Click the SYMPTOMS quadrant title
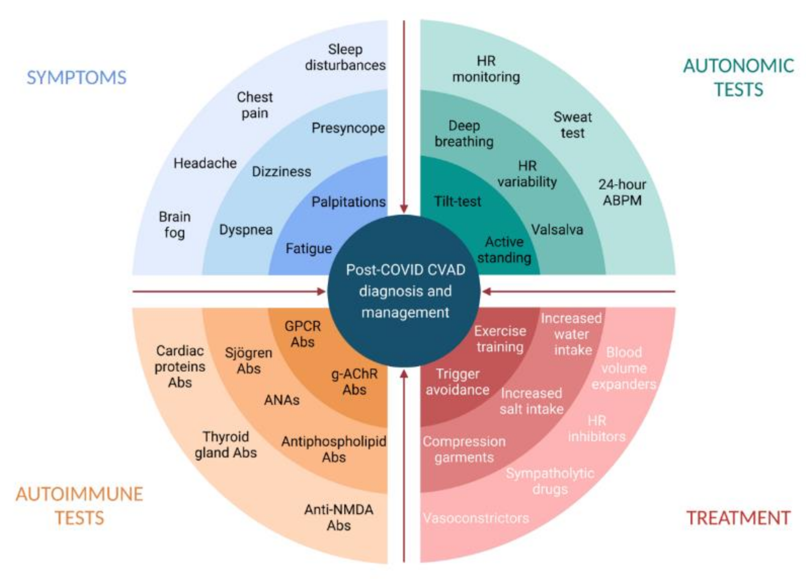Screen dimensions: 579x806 point(77,78)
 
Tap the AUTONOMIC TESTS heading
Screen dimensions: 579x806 point(738,78)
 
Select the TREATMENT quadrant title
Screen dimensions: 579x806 point(738,518)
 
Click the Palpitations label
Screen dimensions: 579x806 point(348,202)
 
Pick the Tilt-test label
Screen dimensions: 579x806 point(458,201)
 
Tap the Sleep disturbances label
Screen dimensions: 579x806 point(345,57)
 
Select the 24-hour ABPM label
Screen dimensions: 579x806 point(622,192)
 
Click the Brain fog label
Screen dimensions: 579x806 point(174,225)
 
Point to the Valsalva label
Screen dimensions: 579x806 point(557,230)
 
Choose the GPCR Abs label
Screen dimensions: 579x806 point(302,334)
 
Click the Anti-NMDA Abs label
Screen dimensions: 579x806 point(339,517)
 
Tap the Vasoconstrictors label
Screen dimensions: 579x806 point(476,518)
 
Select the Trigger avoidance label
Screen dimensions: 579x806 point(458,382)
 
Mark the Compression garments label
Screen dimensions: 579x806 point(464,449)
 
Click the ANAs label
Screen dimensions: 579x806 point(282,400)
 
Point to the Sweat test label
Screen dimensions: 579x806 point(572,125)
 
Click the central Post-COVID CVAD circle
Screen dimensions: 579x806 point(404,291)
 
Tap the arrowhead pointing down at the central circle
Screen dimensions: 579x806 point(404,208)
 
